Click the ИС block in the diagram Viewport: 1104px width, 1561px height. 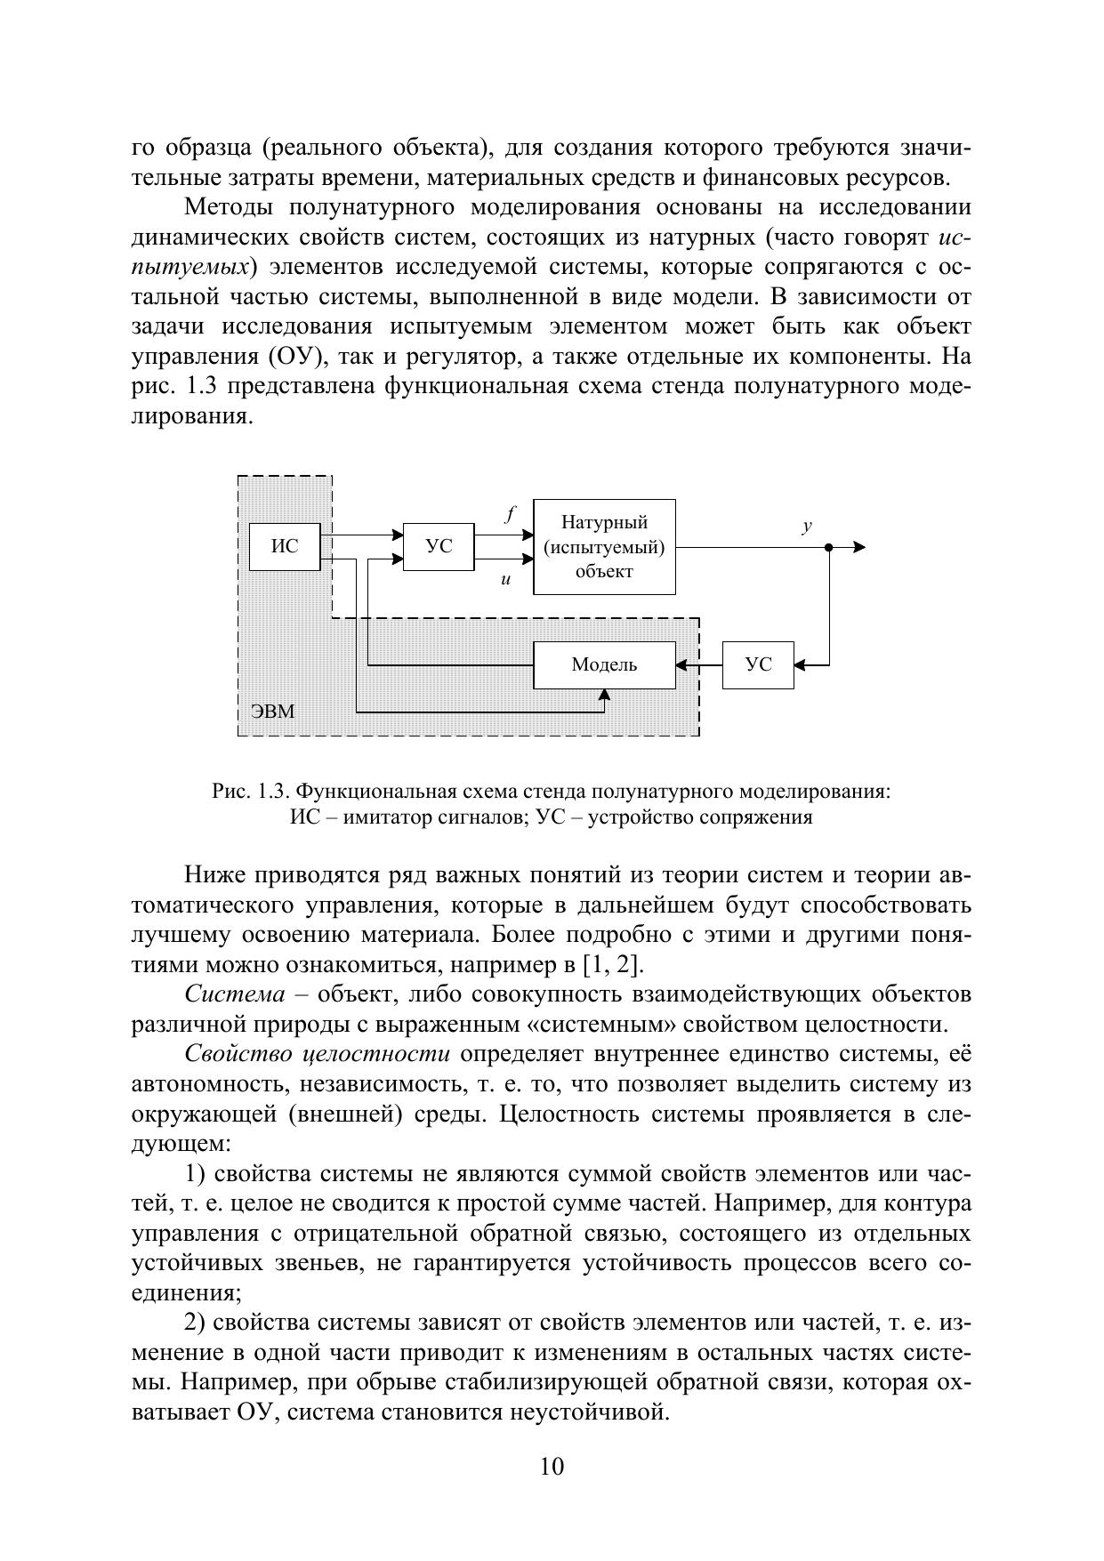pyautogui.click(x=285, y=547)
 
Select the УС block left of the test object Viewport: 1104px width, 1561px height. pyautogui.click(x=439, y=547)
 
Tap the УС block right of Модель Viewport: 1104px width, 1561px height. pyautogui.click(x=758, y=664)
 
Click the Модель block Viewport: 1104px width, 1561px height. pyautogui.click(x=604, y=664)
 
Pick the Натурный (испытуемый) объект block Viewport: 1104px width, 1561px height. pyautogui.click(x=604, y=546)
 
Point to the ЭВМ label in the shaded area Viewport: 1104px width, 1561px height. pyautogui.click(x=272, y=712)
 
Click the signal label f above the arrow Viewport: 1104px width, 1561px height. pyautogui.click(x=510, y=513)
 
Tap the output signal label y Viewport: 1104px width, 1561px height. pyautogui.click(x=807, y=526)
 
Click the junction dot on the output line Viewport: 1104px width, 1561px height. pyautogui.click(x=828, y=547)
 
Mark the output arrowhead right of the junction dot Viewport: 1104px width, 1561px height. pyautogui.click(x=858, y=547)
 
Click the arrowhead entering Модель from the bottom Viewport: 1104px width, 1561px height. pyautogui.click(x=604, y=696)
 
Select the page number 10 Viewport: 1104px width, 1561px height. pyautogui.click(x=552, y=1466)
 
